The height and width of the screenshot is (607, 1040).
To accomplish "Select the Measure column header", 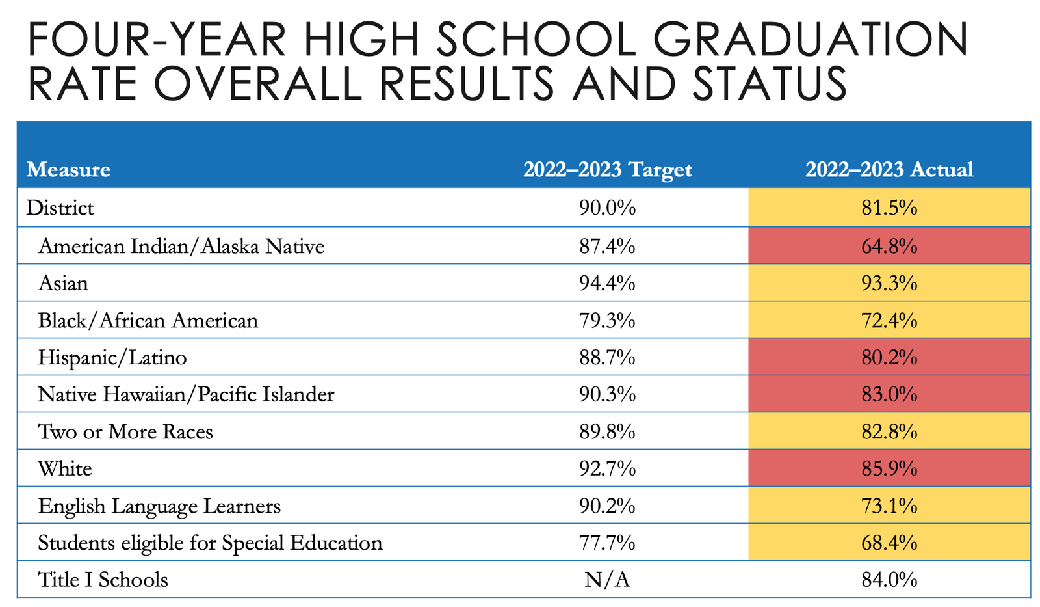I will click(x=68, y=170).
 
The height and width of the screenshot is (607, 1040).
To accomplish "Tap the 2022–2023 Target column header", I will click(x=607, y=170).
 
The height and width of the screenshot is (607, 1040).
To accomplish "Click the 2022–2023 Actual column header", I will click(x=889, y=170).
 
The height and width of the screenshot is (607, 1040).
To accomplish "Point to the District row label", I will click(x=60, y=208).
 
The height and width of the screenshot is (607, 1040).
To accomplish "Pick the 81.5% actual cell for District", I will click(x=889, y=208).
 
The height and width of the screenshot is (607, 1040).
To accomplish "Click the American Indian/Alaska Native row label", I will click(x=181, y=246).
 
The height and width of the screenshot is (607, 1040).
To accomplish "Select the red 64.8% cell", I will click(x=889, y=246).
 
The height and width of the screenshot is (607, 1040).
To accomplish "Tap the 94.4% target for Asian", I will click(x=607, y=283).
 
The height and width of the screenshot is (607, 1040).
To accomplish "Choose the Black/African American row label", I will click(x=148, y=320).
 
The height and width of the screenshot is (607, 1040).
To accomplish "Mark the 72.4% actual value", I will click(x=889, y=320).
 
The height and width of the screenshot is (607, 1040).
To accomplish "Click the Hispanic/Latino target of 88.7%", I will click(x=607, y=357).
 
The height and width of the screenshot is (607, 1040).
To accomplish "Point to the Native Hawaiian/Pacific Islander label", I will click(x=186, y=394).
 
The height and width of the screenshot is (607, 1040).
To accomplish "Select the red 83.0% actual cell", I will click(x=889, y=394).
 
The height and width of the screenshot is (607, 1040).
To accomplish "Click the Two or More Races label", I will click(x=125, y=431).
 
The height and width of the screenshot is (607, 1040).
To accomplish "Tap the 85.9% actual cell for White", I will click(x=889, y=468).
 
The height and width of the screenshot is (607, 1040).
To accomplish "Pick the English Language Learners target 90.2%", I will click(x=607, y=506).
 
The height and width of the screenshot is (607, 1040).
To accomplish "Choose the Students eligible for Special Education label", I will click(x=210, y=543).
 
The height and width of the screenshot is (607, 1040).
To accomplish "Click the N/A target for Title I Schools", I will click(x=607, y=580).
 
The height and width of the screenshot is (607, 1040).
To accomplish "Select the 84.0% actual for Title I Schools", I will click(x=889, y=580).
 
